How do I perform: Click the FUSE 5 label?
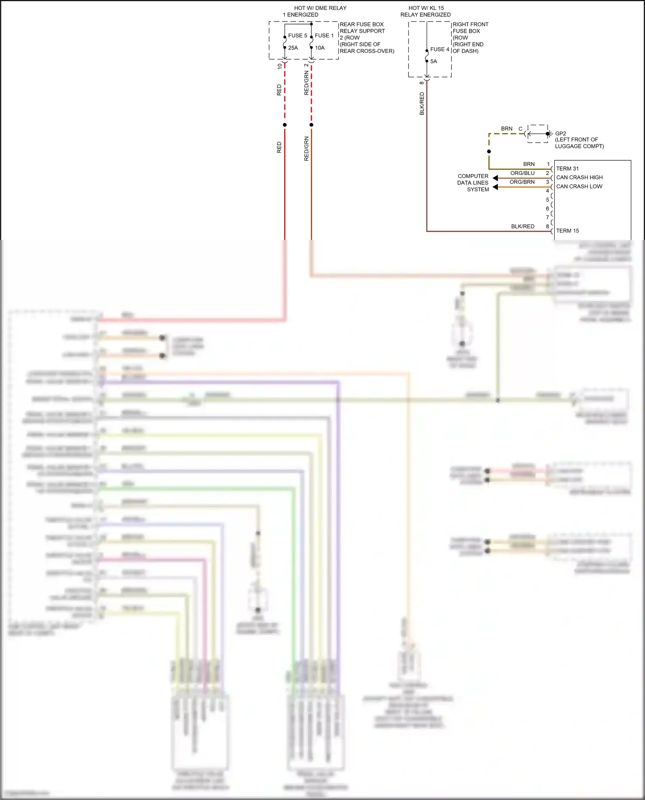298,36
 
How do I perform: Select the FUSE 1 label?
324,36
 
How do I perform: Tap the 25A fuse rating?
293,48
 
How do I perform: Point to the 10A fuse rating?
319,48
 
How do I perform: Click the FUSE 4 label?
439,49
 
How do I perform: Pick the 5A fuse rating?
433,61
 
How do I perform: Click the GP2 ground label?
560,134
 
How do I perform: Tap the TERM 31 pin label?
567,169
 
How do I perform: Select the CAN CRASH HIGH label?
579,178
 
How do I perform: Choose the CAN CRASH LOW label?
579,187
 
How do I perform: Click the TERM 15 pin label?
567,231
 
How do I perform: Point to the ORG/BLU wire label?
522,173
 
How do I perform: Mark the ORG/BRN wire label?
522,182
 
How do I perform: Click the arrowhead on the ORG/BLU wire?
495,178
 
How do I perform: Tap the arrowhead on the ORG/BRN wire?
495,187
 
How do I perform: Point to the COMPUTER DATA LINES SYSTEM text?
473,183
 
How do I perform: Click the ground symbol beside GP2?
548,134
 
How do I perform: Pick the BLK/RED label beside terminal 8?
522,227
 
